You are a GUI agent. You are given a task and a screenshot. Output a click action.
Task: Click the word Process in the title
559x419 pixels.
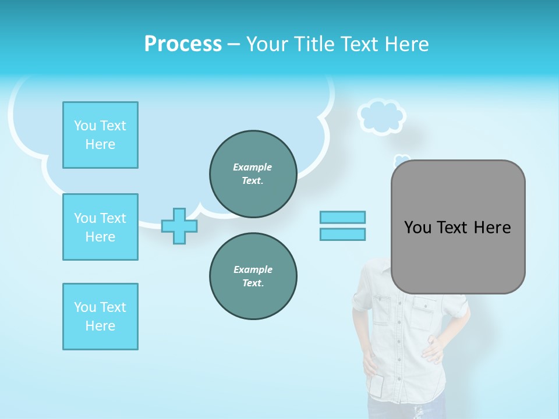coord(183,44)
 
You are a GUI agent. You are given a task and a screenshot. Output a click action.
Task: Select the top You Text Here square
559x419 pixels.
coord(100,135)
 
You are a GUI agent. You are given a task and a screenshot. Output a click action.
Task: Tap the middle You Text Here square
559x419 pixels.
coord(100,227)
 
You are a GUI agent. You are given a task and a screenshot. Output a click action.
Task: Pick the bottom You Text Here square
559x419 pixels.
coord(100,317)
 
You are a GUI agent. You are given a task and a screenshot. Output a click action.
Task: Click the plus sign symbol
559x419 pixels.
coord(179,226)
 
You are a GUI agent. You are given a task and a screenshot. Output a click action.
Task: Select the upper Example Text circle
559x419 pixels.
coord(253,174)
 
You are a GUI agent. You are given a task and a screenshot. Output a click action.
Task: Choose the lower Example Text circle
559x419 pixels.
coord(253,276)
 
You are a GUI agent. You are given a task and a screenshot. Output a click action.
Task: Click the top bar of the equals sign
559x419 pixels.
coord(342,217)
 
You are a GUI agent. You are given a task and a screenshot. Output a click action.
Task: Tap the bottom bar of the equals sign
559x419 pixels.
coord(342,234)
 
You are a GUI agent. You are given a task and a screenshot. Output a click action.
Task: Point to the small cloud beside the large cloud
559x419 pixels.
coord(381,117)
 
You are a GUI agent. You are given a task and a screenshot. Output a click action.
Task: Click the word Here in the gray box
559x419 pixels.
coord(492,228)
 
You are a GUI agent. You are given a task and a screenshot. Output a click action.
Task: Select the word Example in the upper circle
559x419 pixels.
coord(253,167)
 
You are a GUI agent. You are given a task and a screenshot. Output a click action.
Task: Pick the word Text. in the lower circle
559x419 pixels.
coord(253,283)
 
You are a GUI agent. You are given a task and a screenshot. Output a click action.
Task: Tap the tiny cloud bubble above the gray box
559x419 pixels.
coord(401,159)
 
